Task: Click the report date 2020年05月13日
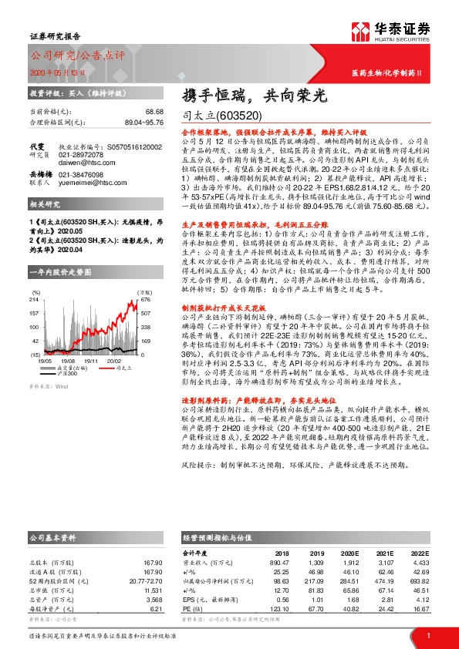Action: tap(52, 72)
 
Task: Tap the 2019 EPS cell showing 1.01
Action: tap(313, 599)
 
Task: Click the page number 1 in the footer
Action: tap(427, 635)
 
